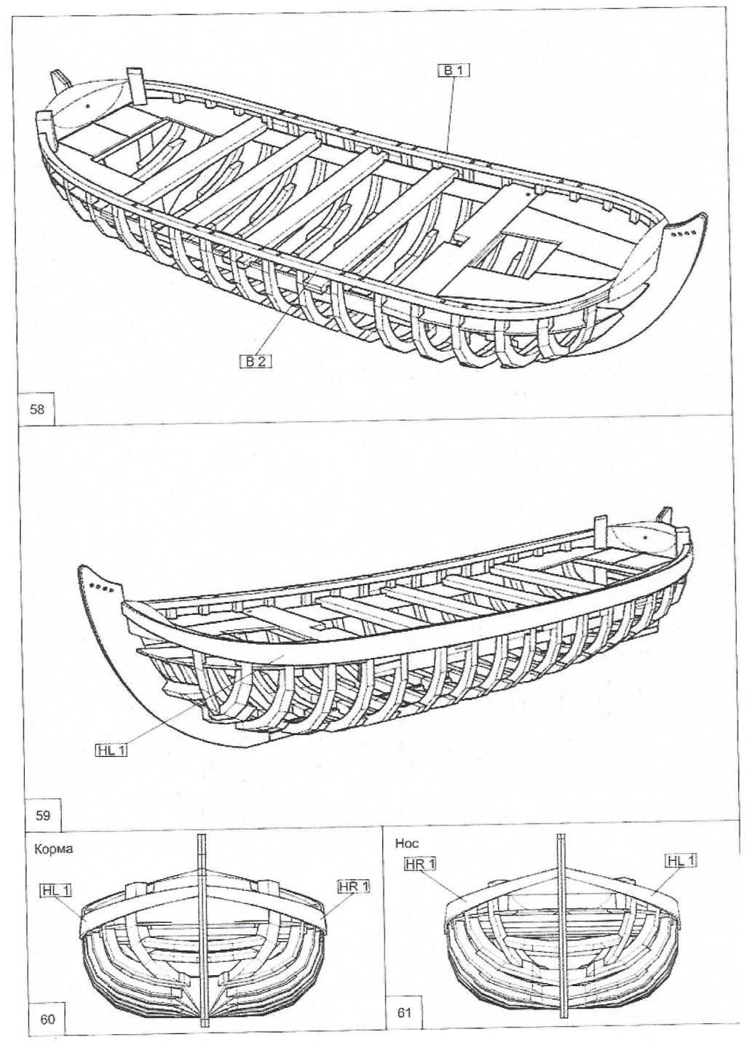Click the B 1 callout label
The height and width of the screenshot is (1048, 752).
454,70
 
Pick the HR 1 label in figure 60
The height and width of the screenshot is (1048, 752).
354,886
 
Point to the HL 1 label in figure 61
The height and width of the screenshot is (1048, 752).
681,862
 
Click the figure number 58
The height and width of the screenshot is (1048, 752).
37,409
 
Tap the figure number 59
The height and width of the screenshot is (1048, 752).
43,815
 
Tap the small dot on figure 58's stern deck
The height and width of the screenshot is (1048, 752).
87,106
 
